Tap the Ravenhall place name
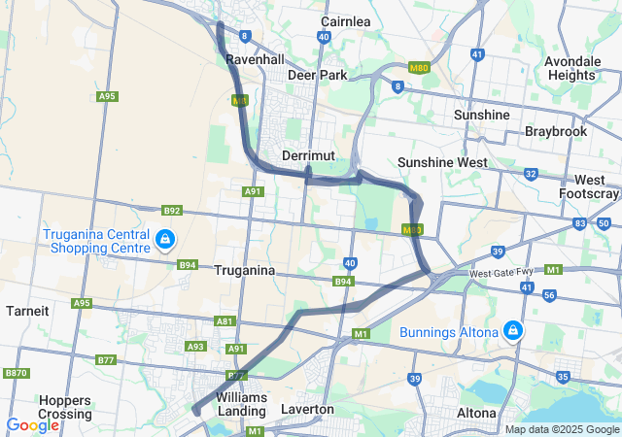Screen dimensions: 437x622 tap(255, 59)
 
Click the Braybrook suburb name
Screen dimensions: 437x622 tap(555, 130)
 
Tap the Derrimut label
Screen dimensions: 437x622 tap(308, 155)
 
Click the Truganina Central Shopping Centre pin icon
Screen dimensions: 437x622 tap(165, 238)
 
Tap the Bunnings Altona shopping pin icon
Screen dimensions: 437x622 tap(512, 332)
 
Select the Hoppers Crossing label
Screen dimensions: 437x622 tap(66, 406)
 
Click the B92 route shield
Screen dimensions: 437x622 tap(172, 210)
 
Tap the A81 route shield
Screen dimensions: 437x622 tap(225, 320)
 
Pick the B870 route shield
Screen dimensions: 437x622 tap(16, 373)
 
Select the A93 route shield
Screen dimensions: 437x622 tap(195, 346)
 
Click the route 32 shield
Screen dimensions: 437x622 tap(530, 174)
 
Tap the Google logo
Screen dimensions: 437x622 tap(32, 425)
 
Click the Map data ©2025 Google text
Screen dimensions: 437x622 tap(561, 429)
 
